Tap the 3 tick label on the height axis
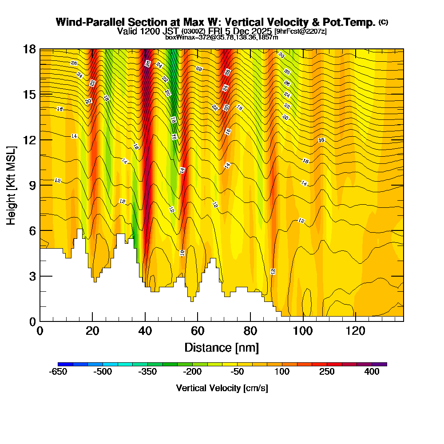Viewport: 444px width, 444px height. (x=32, y=276)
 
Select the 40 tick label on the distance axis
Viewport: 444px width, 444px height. (x=145, y=331)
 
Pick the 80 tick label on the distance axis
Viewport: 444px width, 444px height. (x=250, y=331)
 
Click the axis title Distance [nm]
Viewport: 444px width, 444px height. (x=222, y=347)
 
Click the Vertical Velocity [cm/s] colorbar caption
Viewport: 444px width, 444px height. (x=222, y=388)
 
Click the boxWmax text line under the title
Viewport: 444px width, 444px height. (x=222, y=37)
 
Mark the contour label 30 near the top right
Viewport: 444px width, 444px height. (x=281, y=55)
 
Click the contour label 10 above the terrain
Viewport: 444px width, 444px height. (x=182, y=253)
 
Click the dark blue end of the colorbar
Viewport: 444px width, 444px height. (x=62, y=364)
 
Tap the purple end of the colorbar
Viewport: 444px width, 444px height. (x=382, y=364)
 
